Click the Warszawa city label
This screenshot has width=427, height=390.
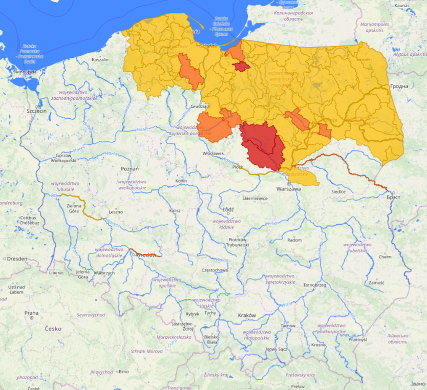289,188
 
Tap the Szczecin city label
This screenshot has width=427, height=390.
37,111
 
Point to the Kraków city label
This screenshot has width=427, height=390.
247,315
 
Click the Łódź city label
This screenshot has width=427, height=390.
228,209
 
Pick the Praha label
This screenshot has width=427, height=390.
31,313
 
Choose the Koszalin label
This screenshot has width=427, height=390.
100,60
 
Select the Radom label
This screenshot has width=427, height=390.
294,240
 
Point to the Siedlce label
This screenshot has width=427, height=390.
338,192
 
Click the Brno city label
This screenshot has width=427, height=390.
123,372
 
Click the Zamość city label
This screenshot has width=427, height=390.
376,283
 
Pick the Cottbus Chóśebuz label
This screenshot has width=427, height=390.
28,220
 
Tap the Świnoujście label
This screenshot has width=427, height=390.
24,72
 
